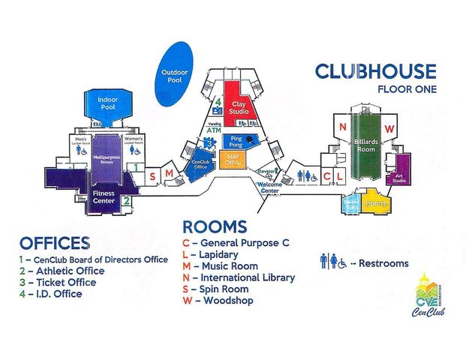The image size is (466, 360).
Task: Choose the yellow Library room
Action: click(x=376, y=202)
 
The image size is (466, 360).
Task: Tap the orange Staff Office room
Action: click(x=233, y=158)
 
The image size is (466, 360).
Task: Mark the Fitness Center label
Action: click(x=103, y=197)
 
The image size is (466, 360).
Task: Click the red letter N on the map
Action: click(x=342, y=128)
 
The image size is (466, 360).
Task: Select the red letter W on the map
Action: click(x=389, y=128)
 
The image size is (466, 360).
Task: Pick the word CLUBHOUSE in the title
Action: click(x=375, y=71)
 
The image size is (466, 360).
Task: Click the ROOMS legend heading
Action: click(x=215, y=226)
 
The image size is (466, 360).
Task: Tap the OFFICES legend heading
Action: click(x=55, y=243)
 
